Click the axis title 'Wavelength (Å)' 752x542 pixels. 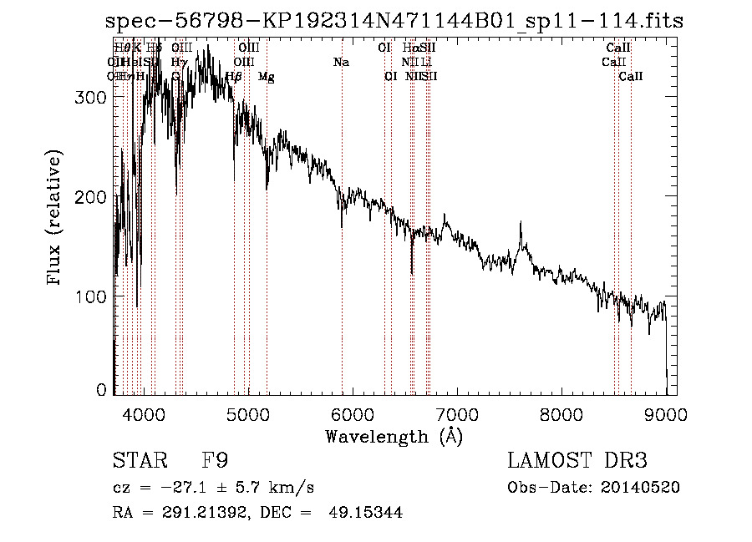(x=394, y=436)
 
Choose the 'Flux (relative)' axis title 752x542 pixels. (x=56, y=219)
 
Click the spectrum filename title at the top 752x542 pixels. (x=394, y=22)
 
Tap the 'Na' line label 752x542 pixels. (x=341, y=62)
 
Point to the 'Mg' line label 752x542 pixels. (x=266, y=77)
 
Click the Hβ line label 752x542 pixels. (x=234, y=77)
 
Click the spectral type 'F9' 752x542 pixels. (x=216, y=460)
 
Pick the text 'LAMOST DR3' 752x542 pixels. (x=577, y=460)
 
